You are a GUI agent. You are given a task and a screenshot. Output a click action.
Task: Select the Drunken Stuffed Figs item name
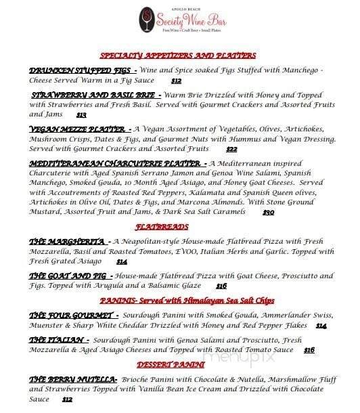(x=83, y=70)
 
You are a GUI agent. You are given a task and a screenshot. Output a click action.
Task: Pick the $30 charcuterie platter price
(x=269, y=212)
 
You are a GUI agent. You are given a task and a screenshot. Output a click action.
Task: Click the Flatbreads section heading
(x=180, y=227)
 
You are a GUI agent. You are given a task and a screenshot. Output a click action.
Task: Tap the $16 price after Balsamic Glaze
(x=221, y=286)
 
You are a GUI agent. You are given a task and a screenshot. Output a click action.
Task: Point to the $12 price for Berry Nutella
(x=67, y=399)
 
